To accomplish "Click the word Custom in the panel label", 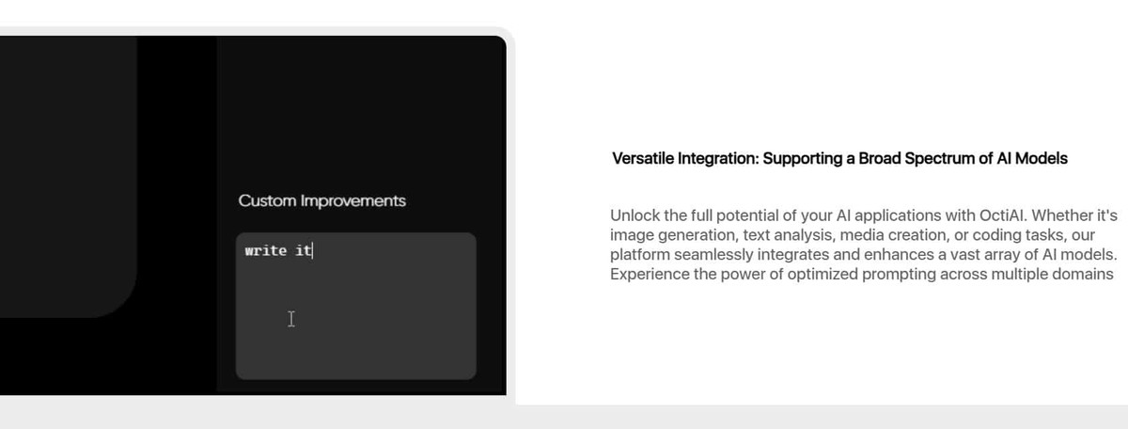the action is pyautogui.click(x=267, y=200).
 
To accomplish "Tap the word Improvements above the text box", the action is pyautogui.click(x=353, y=200).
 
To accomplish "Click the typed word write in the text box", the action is pyautogui.click(x=266, y=250).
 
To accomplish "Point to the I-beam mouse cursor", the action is pyautogui.click(x=291, y=319).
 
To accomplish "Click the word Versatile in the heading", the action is pyautogui.click(x=643, y=158).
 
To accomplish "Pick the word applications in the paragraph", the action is pyautogui.click(x=898, y=215).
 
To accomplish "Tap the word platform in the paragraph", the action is pyautogui.click(x=640, y=255).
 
